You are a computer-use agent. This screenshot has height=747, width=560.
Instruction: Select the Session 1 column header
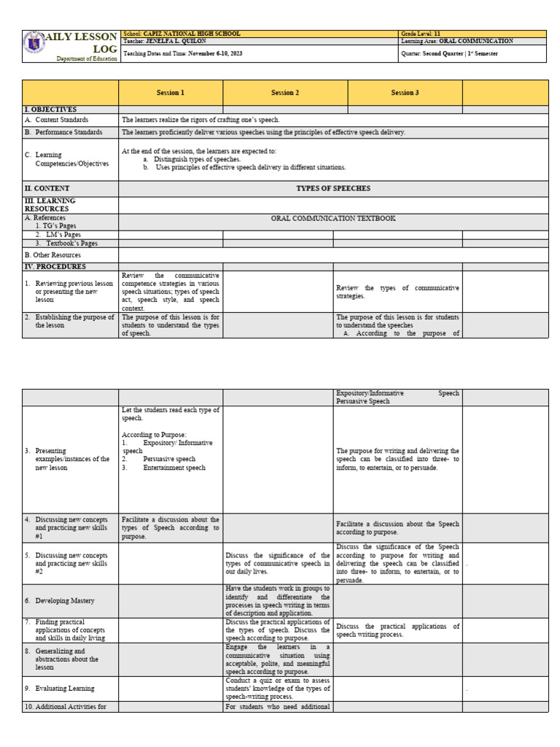171,93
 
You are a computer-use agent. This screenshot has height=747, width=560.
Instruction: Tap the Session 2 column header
285,93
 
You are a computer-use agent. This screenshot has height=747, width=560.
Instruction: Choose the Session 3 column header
405,93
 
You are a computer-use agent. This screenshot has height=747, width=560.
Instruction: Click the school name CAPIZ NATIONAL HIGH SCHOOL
192,34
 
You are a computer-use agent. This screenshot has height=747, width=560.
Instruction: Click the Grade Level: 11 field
421,34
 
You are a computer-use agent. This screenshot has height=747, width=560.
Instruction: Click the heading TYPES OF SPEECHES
332,188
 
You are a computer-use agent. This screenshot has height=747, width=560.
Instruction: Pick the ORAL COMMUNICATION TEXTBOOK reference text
332,218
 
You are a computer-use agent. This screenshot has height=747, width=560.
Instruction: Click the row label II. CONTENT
47,188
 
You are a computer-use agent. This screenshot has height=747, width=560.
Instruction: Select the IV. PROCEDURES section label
55,267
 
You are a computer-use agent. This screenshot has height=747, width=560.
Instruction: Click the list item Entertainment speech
174,468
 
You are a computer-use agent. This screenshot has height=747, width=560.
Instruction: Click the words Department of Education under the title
87,58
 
